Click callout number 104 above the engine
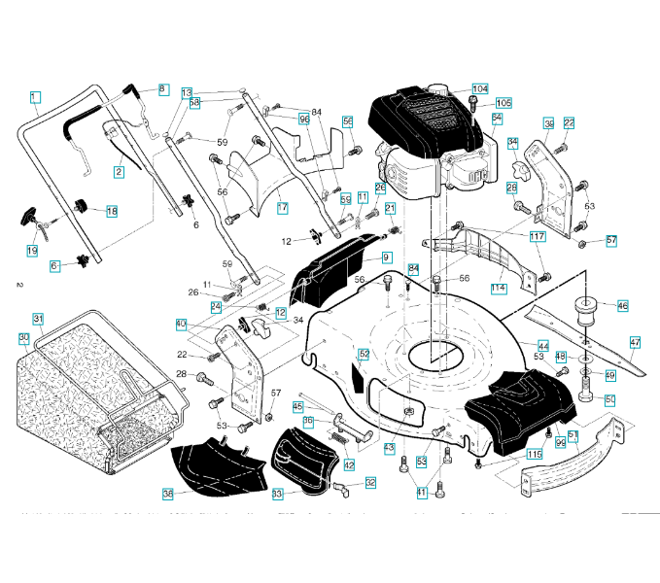coord(479,88)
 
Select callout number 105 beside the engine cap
coord(503,103)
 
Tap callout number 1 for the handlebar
coord(34,96)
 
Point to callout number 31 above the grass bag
coord(38,319)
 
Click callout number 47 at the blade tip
coord(635,342)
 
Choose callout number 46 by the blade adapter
coord(622,306)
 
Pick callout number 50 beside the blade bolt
coord(610,399)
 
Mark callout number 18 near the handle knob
coord(111,211)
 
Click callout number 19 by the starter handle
coord(32,251)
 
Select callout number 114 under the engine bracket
coord(499,288)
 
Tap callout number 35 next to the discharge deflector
coord(168,494)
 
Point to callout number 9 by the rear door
coord(386,257)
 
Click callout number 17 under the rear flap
coord(282,208)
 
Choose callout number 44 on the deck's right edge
coord(543,346)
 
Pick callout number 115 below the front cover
coord(535,453)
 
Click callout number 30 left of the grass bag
coord(23,338)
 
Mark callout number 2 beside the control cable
coord(119,172)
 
